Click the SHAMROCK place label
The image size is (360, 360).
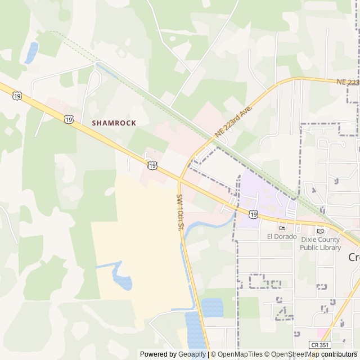(x=114, y=123)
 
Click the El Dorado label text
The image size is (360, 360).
(x=282, y=236)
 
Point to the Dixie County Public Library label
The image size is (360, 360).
(x=320, y=244)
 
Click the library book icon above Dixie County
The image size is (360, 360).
(x=320, y=231)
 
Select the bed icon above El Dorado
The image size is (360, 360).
(x=282, y=228)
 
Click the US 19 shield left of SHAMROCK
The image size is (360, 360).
(x=68, y=119)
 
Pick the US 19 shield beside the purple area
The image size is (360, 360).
(x=254, y=214)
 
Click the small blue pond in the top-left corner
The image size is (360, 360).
(x=31, y=52)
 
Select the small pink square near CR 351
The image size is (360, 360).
(x=321, y=333)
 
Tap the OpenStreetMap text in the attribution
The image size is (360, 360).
(x=295, y=354)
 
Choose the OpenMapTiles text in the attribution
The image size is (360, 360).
(x=241, y=354)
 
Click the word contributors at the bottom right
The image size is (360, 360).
(x=339, y=354)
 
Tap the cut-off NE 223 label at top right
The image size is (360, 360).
(x=348, y=82)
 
